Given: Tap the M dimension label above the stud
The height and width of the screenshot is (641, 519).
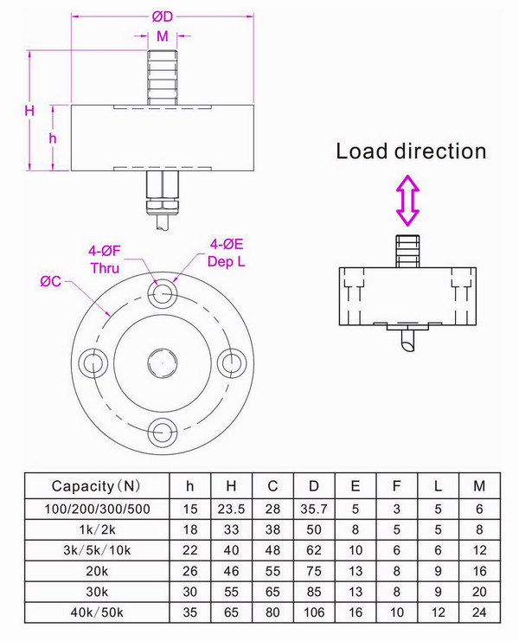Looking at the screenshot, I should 162,36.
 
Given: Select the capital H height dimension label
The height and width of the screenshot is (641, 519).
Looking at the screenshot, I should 29,112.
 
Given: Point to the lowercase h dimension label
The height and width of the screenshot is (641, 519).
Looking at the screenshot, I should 53,138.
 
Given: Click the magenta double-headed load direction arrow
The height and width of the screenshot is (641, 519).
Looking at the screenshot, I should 407,200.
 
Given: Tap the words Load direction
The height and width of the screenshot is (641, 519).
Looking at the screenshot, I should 411,151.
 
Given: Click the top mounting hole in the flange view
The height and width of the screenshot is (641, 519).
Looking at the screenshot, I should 162,294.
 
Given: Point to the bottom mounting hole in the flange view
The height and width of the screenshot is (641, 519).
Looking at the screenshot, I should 162,429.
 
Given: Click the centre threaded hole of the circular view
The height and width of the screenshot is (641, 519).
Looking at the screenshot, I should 162,362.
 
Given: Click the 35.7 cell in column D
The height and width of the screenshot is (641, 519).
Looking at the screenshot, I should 312,508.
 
